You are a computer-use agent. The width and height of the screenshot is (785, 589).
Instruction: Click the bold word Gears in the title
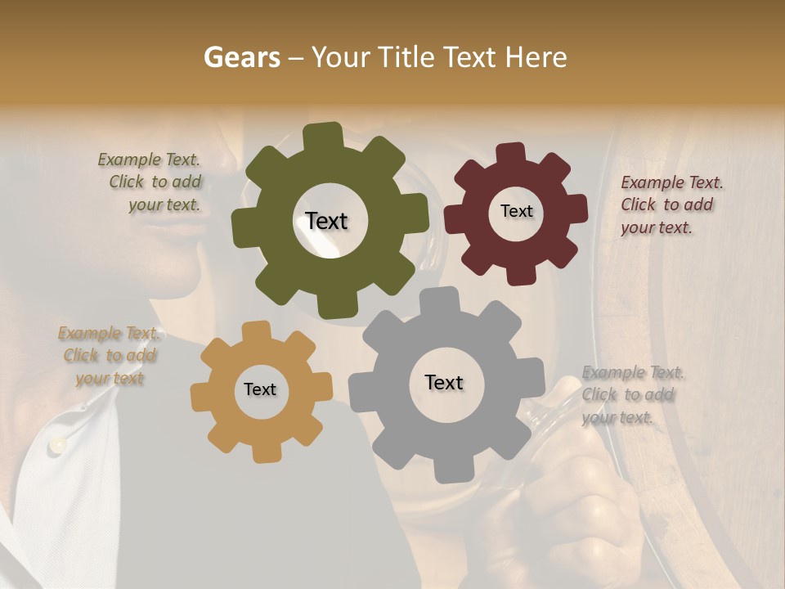[241, 58]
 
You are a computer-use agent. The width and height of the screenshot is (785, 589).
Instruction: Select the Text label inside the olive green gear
[326, 221]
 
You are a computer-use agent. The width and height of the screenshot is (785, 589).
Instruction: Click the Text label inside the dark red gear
[516, 211]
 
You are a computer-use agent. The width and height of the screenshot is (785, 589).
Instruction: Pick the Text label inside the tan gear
[260, 390]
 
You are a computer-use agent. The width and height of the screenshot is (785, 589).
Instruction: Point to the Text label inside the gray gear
[444, 383]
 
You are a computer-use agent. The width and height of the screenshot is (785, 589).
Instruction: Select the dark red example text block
[671, 205]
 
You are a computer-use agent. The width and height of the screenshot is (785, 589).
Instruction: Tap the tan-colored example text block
[109, 356]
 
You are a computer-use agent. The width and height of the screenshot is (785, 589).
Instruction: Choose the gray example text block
[633, 395]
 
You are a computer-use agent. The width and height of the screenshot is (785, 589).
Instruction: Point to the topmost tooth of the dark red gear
[511, 154]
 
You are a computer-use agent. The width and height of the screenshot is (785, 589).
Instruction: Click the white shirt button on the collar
[56, 443]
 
